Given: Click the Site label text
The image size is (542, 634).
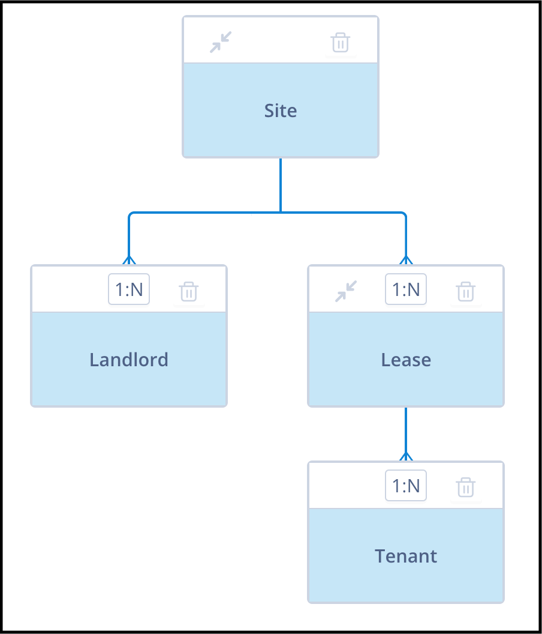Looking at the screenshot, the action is [x=280, y=111].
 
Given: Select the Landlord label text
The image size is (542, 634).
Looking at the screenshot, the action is [x=129, y=360].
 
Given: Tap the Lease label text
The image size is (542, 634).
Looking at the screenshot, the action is [x=406, y=360].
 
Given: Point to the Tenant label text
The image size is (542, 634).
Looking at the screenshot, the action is [x=406, y=556].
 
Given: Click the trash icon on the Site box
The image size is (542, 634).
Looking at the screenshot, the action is [x=341, y=43].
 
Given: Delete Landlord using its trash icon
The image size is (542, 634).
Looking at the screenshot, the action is [x=189, y=292].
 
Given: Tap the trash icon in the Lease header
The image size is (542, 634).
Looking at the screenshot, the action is [x=466, y=292].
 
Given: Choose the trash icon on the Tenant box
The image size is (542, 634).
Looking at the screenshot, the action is [x=466, y=488].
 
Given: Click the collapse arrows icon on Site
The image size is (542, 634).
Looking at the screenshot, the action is [x=221, y=42].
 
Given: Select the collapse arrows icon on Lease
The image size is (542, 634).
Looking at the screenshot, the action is [x=346, y=291].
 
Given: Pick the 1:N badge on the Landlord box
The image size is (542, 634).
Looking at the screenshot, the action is [x=129, y=289].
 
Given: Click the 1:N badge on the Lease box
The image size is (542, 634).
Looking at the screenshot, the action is [x=406, y=289].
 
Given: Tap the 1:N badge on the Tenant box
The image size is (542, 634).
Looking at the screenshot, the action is [x=406, y=485].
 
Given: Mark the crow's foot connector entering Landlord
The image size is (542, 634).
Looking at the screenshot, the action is [x=129, y=260].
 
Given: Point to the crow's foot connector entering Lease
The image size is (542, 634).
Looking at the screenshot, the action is [x=406, y=260].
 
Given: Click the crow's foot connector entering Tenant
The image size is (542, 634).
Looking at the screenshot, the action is [x=406, y=456].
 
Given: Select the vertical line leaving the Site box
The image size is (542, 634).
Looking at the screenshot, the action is [x=280, y=185].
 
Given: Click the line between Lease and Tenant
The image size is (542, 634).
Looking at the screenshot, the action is [x=406, y=434].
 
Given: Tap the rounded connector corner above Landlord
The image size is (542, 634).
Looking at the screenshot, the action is [x=130, y=214].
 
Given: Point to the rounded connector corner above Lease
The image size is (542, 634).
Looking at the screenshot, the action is [x=405, y=214].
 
